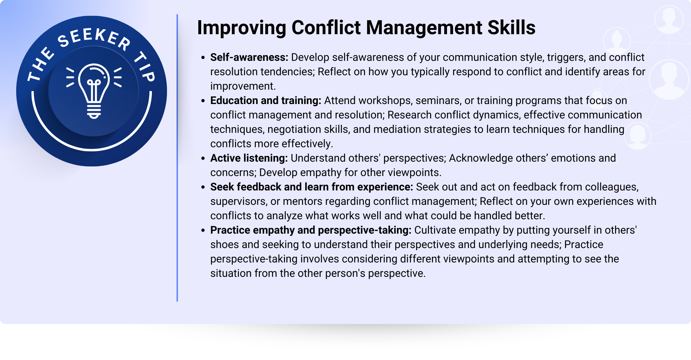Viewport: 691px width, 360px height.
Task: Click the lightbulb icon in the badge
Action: tap(94, 91)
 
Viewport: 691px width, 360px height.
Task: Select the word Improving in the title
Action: tap(241, 28)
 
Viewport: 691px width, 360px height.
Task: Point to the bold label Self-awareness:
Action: tap(249, 57)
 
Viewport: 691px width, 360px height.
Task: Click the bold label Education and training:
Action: tap(266, 101)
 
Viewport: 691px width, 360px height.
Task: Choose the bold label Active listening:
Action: tap(249, 158)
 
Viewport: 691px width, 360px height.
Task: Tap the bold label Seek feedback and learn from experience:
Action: tap(312, 187)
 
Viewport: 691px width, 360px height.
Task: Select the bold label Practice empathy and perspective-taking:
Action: tap(311, 230)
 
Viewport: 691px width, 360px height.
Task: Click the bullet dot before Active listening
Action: tap(203, 158)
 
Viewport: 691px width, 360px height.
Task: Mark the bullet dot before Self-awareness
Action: tap(203, 58)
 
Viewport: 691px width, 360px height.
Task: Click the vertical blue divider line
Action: tap(177, 158)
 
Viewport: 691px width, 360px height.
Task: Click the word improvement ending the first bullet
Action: tap(243, 86)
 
